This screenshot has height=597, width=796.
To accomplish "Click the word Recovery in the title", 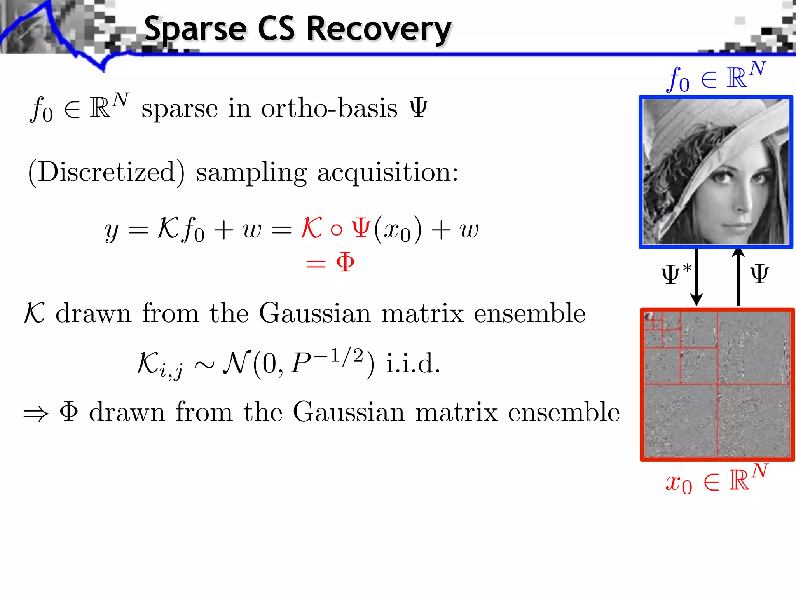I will (x=379, y=29).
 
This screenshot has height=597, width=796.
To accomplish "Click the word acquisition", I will (x=388, y=172).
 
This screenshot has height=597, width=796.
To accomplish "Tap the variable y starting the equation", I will (x=112, y=231).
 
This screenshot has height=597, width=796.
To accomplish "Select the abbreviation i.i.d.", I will (x=413, y=364).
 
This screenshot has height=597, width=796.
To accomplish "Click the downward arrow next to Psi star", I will (x=696, y=278).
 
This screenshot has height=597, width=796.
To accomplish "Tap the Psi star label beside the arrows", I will (x=676, y=274).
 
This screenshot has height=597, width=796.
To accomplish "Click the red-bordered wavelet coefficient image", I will (x=717, y=385).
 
